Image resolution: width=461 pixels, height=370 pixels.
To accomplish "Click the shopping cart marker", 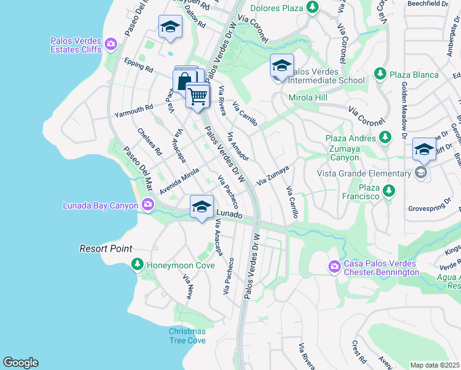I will tap(197, 96).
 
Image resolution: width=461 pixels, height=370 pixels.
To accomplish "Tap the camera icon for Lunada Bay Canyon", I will tap(147, 205).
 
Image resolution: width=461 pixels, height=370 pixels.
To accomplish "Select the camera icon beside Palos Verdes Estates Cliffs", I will tap(111, 43).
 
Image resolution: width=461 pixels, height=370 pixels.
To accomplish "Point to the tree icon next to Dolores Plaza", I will tap(312, 7).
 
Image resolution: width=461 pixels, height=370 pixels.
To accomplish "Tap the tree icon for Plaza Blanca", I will tap(380, 75).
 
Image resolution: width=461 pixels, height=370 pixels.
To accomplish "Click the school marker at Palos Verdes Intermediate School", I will tap(282, 66).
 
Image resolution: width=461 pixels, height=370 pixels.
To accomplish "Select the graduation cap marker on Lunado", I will tap(202, 207).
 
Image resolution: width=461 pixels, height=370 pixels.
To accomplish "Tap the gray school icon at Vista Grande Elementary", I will tap(421, 173).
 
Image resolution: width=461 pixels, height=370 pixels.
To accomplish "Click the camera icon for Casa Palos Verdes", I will tap(335, 266).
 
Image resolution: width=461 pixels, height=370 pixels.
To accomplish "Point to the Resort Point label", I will tap(106, 249).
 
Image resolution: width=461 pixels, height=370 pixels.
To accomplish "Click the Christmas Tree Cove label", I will tap(187, 335).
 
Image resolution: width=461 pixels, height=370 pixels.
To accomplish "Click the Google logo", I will tap(20, 363).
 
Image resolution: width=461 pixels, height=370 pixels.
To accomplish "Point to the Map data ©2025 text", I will tap(434, 365).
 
